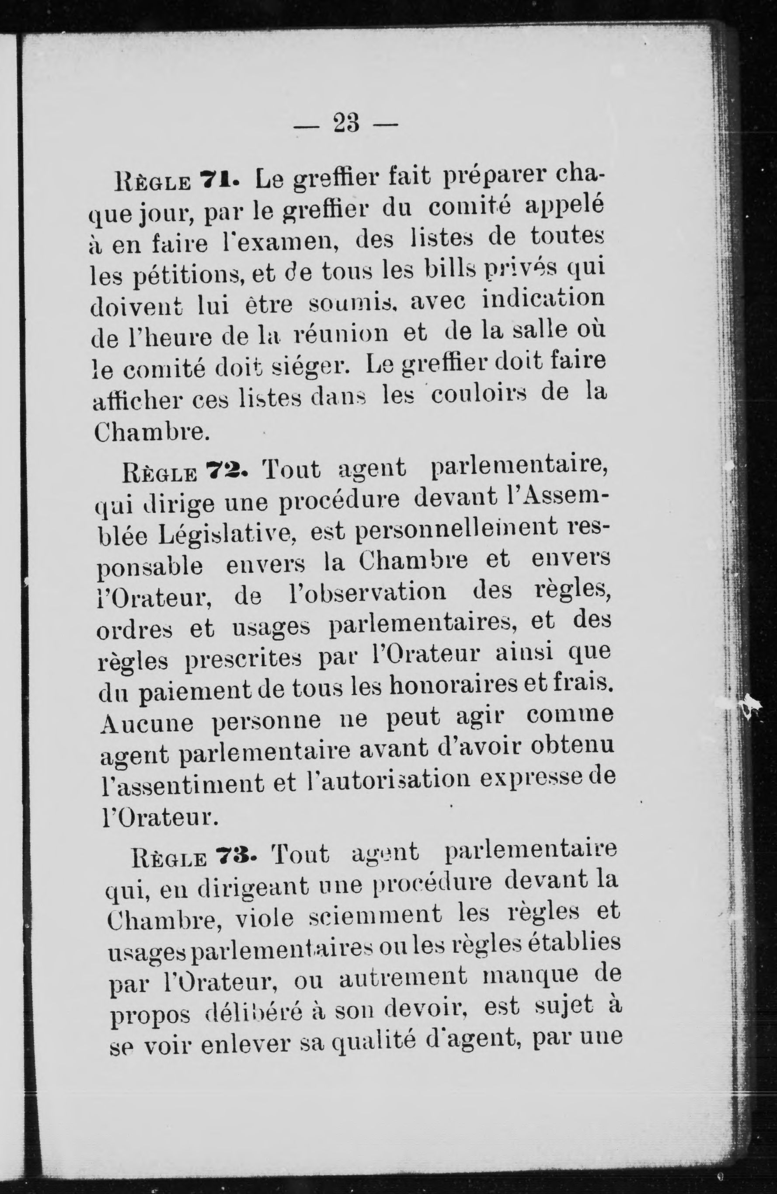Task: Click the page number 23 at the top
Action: (x=345, y=123)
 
